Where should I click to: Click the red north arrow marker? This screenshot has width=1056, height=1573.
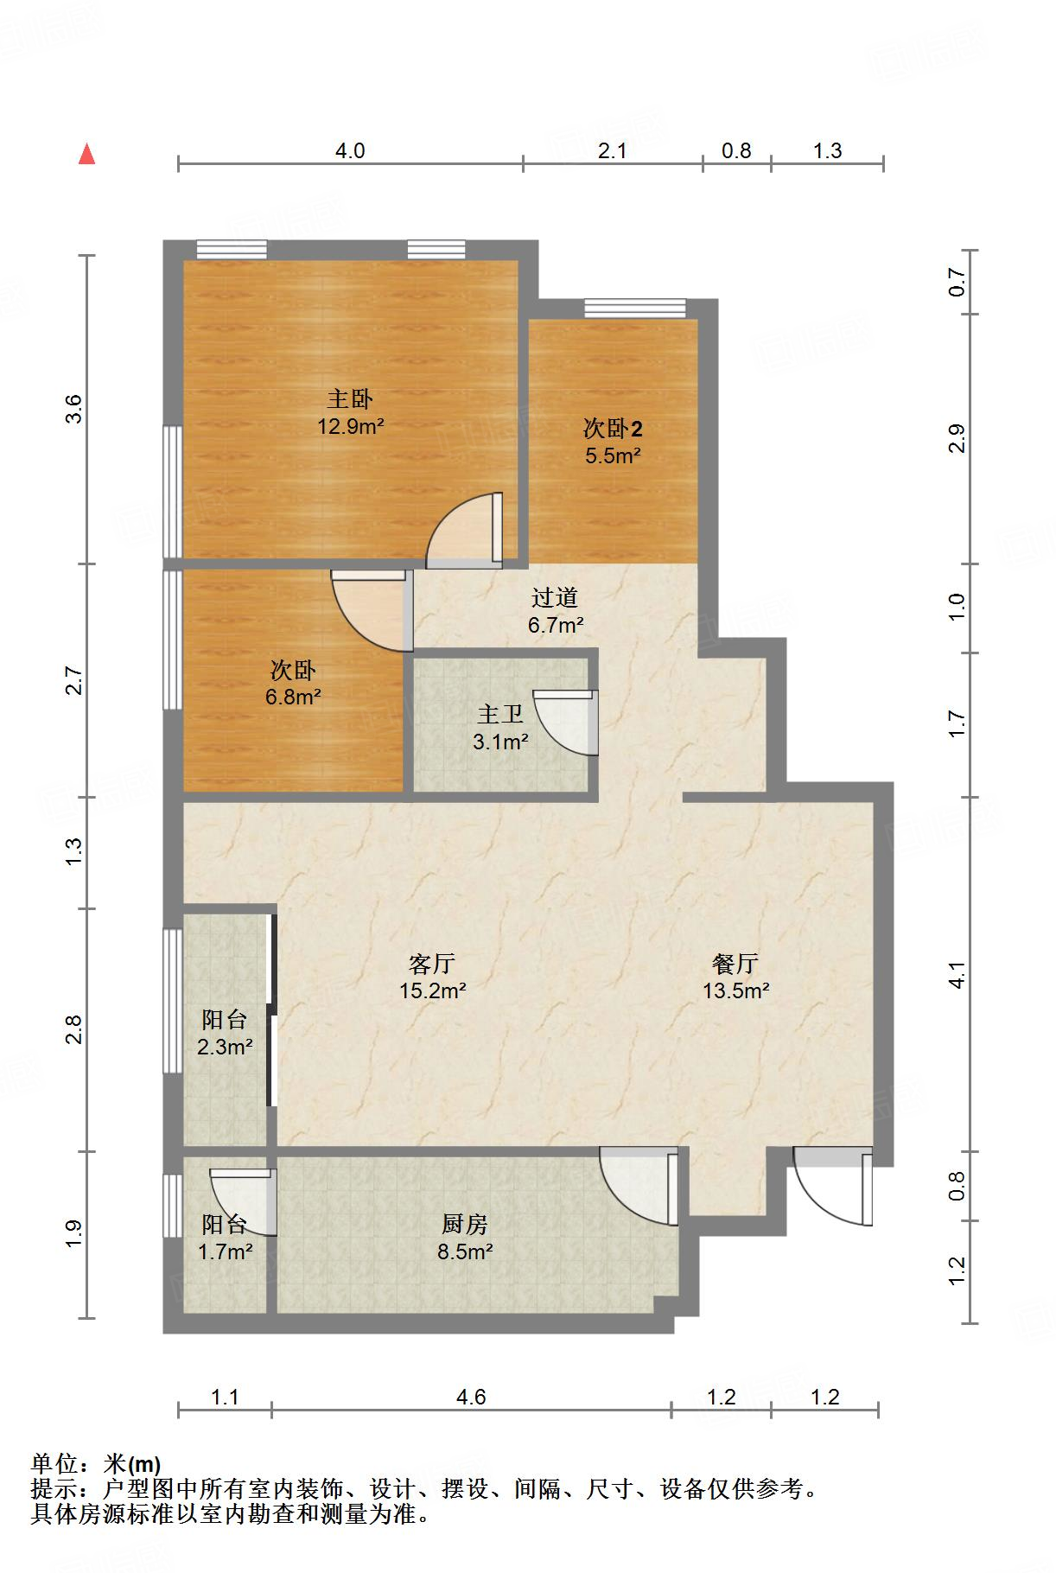86,154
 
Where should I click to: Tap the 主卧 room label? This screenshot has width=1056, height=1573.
350,398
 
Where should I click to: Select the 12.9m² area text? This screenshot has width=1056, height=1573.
350,426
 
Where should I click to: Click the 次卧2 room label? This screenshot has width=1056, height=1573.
613,428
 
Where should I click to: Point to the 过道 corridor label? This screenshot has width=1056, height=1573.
555,597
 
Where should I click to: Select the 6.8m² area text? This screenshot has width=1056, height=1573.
294,697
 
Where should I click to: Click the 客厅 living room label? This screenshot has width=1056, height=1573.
432,963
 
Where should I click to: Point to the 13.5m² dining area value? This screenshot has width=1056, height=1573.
735,990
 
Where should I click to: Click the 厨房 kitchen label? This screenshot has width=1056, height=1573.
465,1224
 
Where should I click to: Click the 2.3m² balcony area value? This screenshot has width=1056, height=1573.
225,1047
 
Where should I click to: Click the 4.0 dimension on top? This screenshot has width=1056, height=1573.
350,151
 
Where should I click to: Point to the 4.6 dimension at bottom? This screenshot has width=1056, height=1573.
471,1398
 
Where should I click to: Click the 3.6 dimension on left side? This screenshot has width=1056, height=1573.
73,409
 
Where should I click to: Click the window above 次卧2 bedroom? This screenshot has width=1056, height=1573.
634,309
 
